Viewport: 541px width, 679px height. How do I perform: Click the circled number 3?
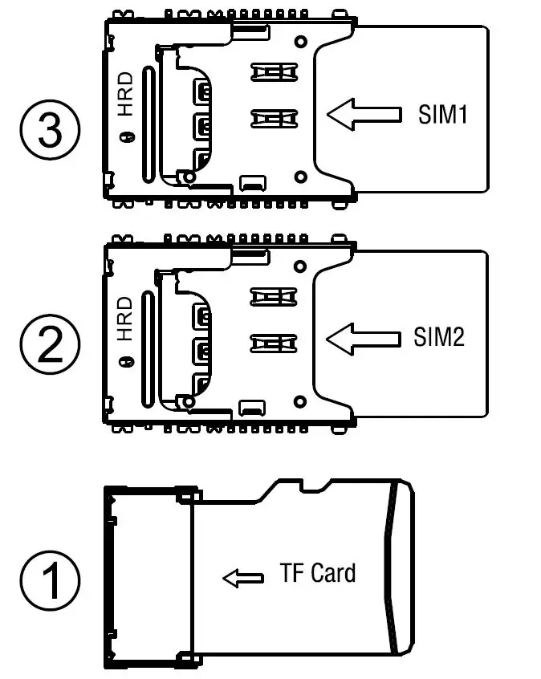[x=50, y=130]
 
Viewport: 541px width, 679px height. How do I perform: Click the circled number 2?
[x=50, y=349]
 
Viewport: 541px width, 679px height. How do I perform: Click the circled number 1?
[x=50, y=580]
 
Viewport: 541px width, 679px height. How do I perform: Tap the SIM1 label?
[x=441, y=114]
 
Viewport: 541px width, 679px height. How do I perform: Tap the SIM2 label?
[x=439, y=337]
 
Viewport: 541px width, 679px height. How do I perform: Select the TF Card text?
[x=318, y=573]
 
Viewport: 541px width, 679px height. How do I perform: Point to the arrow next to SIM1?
[x=364, y=114]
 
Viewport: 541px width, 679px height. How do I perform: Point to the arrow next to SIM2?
[x=364, y=337]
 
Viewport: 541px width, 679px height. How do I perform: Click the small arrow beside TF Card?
[x=242, y=578]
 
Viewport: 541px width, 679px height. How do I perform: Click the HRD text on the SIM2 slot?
[x=125, y=319]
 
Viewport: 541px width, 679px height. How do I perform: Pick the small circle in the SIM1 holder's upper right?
[x=300, y=40]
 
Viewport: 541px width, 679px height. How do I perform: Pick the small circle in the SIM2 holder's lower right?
[x=300, y=400]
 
